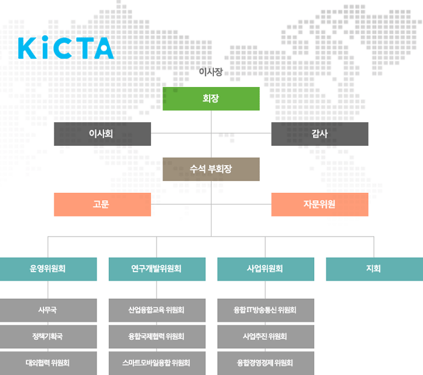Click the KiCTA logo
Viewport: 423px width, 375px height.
click(66, 48)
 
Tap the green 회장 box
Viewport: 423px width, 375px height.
click(211, 99)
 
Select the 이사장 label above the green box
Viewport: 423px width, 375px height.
click(211, 72)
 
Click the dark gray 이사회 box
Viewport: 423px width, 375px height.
click(102, 134)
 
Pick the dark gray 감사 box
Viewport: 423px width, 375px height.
click(320, 134)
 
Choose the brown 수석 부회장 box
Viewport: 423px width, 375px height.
click(211, 169)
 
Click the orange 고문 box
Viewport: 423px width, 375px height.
click(102, 204)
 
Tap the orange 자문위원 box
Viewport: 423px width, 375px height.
click(320, 204)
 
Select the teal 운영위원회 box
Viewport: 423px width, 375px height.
click(48, 269)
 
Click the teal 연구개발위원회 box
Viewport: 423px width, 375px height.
click(157, 269)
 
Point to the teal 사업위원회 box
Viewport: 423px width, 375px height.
click(266, 269)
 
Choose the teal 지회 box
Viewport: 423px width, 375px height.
click(375, 269)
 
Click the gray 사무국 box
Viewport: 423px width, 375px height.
click(48, 310)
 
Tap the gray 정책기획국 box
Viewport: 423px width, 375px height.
click(48, 337)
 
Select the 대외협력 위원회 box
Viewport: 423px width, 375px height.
click(48, 363)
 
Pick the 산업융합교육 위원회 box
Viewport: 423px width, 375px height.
click(157, 310)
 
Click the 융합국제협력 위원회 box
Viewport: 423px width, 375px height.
click(157, 337)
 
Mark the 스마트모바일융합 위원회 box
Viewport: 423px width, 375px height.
click(157, 363)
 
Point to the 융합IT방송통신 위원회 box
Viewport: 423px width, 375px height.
click(266, 310)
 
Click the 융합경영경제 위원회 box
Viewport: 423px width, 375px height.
click(266, 363)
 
